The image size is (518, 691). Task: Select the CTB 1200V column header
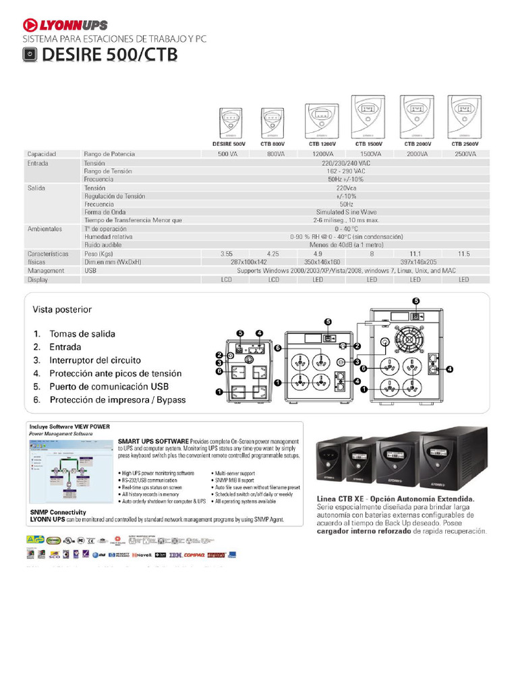click(322, 144)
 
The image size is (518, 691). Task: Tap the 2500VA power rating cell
click(464, 154)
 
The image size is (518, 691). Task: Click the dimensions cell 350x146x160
click(322, 261)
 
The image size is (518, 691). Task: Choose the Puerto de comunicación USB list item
click(109, 387)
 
